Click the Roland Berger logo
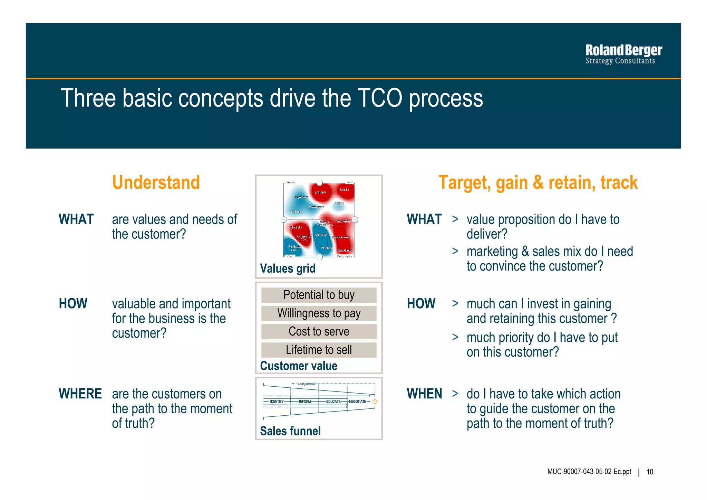[x=623, y=54]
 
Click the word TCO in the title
[x=380, y=98]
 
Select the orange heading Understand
[x=156, y=182]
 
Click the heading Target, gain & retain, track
[x=538, y=182]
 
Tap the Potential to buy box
[x=319, y=295]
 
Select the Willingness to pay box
[x=319, y=313]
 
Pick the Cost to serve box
[x=319, y=332]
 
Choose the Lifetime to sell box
[x=319, y=350]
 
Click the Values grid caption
[x=288, y=268]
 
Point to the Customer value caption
[x=299, y=366]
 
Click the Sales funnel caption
[x=290, y=431]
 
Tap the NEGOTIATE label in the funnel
[x=357, y=402]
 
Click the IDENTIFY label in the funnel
[x=277, y=402]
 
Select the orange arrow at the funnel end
[x=375, y=402]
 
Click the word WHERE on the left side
[x=80, y=394]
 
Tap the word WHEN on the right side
[x=424, y=394]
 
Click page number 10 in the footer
[x=650, y=472]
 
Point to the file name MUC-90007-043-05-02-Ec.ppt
[x=589, y=472]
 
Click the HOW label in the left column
[x=73, y=304]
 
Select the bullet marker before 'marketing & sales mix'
[x=455, y=251]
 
